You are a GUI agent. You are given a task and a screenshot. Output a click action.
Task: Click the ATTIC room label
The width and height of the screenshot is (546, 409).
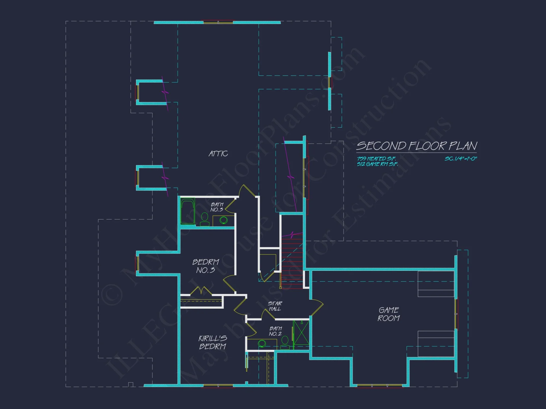coord(218,154)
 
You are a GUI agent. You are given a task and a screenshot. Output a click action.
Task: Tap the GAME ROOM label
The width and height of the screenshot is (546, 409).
coord(389,314)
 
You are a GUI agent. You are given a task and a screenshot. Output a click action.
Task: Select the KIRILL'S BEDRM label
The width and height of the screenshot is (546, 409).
coord(213,342)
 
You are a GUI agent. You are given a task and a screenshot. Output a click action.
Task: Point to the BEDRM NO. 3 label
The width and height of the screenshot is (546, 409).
coord(206,266)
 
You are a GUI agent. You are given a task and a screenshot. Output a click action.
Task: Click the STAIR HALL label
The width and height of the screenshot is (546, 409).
coord(275,306)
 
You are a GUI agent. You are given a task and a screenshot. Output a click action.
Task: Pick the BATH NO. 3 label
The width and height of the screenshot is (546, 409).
coord(217,207)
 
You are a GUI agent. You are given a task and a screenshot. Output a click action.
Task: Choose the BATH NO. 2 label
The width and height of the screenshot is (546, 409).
coord(275,331)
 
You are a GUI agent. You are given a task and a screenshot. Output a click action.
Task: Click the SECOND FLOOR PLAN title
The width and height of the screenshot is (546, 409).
coord(417,146)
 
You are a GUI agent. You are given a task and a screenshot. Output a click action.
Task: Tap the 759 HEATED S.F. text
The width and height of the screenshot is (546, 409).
coord(376,159)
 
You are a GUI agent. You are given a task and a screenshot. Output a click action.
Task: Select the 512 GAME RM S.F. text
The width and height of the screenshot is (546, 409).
coord(377,164)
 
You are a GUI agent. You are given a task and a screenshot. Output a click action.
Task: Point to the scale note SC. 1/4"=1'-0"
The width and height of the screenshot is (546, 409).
coord(461,159)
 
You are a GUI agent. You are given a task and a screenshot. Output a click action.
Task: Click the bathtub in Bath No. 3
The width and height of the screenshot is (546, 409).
coord(188,211)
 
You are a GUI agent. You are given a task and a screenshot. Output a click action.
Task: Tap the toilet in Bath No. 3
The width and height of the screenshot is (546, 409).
coord(205,219)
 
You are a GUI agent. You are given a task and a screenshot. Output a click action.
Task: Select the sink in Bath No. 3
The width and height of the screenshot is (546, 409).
coord(224,220)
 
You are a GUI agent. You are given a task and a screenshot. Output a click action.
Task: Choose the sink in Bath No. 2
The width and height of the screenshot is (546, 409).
coord(262,344)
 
